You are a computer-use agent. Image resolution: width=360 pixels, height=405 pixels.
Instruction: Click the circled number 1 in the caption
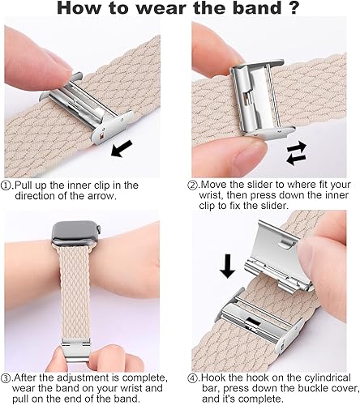7,185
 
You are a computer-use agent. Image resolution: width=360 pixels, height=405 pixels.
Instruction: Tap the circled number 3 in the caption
7,377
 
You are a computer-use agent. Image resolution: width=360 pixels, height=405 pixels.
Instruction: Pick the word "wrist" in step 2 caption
209,197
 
